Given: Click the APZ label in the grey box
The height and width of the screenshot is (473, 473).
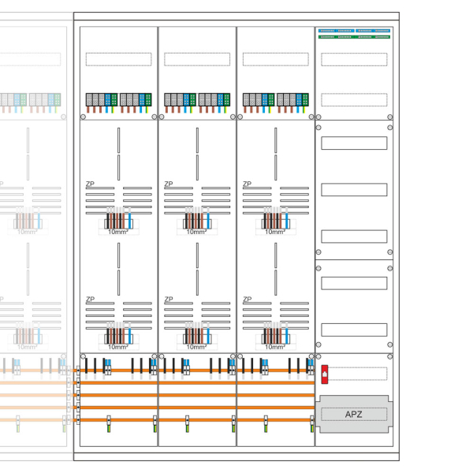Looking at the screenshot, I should pyautogui.click(x=354, y=414).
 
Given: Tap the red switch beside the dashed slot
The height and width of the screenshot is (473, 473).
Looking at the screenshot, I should pyautogui.click(x=324, y=374).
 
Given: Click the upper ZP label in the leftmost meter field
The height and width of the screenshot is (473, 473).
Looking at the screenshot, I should pyautogui.click(x=90, y=184).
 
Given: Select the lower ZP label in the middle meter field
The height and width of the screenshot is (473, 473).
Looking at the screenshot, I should pyautogui.click(x=169, y=300).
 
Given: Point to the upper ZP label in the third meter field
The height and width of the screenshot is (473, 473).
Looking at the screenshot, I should pyautogui.click(x=248, y=184).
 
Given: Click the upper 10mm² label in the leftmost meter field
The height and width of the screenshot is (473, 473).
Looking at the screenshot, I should pyautogui.click(x=118, y=232).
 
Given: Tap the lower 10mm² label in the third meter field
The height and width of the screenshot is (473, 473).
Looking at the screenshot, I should pyautogui.click(x=274, y=347).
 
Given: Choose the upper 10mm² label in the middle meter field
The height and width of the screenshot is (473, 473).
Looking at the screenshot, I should pyautogui.click(x=196, y=232).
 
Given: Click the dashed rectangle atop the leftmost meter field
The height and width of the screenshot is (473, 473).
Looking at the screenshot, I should pyautogui.click(x=118, y=59).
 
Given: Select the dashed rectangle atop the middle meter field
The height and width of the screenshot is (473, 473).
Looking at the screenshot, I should pyautogui.click(x=197, y=59).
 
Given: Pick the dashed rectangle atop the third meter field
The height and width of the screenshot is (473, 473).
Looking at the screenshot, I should pyautogui.click(x=275, y=59).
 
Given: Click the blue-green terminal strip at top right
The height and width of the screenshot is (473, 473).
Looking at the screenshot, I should pyautogui.click(x=354, y=33).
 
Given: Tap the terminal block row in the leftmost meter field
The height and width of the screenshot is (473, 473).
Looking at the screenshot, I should pyautogui.click(x=118, y=99).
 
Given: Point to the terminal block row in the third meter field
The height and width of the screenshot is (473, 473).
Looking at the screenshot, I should pyautogui.click(x=275, y=99).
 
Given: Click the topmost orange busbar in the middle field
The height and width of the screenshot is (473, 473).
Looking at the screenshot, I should pyautogui.click(x=197, y=370).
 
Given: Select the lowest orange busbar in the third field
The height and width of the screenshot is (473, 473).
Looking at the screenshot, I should pyautogui.click(x=275, y=419).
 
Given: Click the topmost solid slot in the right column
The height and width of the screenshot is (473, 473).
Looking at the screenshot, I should pyautogui.click(x=354, y=143).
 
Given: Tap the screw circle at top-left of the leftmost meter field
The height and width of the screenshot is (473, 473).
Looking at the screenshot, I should pyautogui.click(x=84, y=117).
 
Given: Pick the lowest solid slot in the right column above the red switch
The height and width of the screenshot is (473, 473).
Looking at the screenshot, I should pyautogui.click(x=354, y=330).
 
